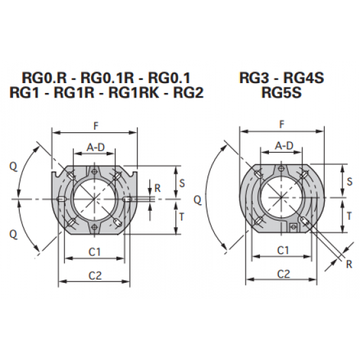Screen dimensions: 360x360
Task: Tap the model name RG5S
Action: (x=281, y=93)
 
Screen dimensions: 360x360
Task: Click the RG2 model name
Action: (x=188, y=93)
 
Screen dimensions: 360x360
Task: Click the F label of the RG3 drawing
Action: (x=281, y=124)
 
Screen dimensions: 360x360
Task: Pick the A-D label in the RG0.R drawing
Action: (x=96, y=148)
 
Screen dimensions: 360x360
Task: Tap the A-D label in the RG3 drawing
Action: (x=283, y=145)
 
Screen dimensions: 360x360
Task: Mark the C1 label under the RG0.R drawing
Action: (x=94, y=252)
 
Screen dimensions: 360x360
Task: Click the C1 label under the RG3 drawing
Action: (x=283, y=250)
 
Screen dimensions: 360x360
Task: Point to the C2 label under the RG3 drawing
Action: (x=283, y=273)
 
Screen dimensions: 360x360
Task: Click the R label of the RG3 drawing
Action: (x=348, y=265)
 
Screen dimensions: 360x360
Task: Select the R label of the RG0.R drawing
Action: (x=156, y=187)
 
